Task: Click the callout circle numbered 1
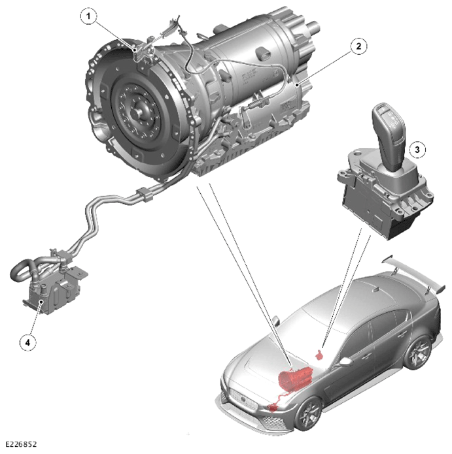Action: pos(89,16)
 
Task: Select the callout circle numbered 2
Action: pos(358,46)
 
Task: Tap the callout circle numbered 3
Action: pos(417,150)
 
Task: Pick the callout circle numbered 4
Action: pos(28,342)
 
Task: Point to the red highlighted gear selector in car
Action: pos(319,355)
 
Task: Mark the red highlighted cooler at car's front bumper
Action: pos(273,408)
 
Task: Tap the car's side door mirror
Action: pos(345,361)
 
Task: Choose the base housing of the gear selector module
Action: pos(383,197)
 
